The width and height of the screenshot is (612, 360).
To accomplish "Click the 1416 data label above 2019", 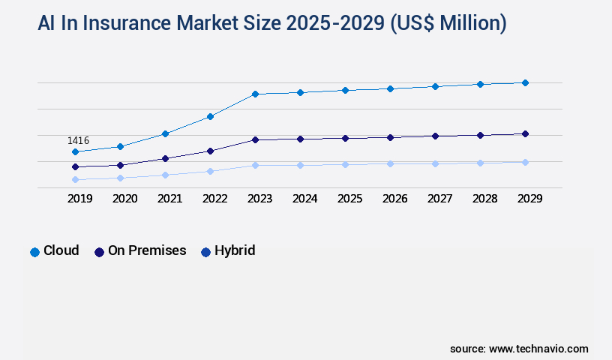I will click(78, 140).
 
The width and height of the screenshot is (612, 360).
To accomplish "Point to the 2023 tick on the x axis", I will click(259, 199).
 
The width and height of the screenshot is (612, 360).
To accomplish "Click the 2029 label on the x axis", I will click(529, 199).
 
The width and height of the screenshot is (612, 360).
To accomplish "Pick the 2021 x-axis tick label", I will click(169, 199).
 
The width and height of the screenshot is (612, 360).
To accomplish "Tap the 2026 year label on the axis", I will click(394, 199).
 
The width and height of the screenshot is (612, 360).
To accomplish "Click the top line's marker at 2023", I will click(255, 94).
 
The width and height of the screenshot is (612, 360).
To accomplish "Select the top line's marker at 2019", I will click(75, 151).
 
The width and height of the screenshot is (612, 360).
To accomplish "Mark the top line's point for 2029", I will click(525, 82).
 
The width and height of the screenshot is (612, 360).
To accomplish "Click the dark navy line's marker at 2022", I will click(210, 151).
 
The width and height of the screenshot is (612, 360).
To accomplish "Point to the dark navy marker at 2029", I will click(525, 133).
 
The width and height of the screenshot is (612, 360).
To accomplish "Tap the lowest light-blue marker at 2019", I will click(75, 179).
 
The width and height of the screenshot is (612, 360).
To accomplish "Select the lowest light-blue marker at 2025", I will click(345, 164).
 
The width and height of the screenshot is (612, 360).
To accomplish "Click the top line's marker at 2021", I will click(165, 133).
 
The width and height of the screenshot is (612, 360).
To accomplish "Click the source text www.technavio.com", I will click(538, 349).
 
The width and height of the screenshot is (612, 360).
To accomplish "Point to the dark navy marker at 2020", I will click(120, 165).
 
